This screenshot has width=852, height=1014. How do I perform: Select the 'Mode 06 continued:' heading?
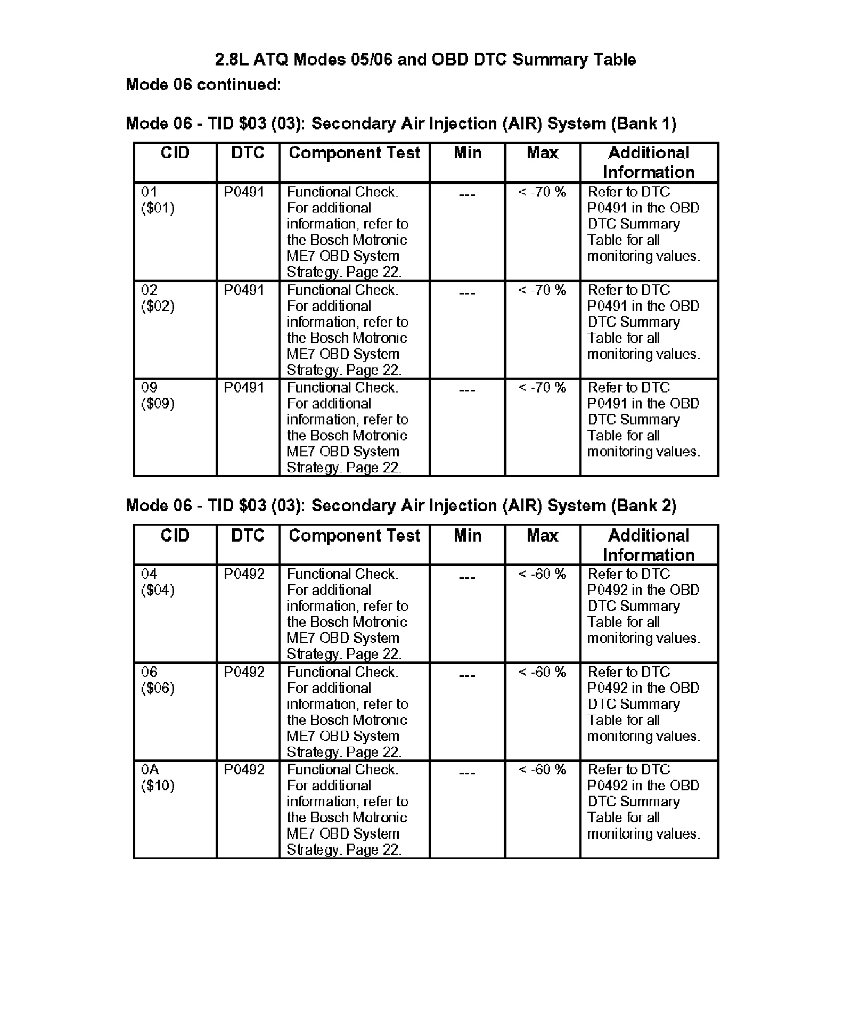(x=203, y=84)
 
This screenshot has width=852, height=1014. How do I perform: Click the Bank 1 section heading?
(x=400, y=124)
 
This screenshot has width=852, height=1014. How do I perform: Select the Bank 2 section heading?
(x=400, y=505)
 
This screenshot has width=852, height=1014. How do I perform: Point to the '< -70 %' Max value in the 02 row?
(x=542, y=290)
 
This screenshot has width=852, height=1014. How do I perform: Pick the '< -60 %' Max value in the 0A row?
(x=542, y=770)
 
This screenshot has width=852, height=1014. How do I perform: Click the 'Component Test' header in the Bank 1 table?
(x=354, y=153)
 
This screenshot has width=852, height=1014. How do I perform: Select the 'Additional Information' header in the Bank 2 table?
(x=649, y=545)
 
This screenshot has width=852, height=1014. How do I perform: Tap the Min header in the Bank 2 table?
(x=467, y=536)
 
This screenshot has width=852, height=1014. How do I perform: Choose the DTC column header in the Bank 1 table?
(x=248, y=153)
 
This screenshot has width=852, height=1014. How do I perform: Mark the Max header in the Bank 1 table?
(x=542, y=153)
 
